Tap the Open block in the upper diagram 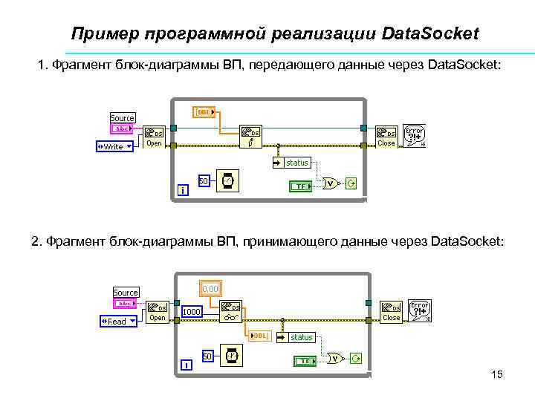pyautogui.click(x=154, y=137)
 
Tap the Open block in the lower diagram pyautogui.click(x=157, y=311)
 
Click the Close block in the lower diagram pyautogui.click(x=391, y=312)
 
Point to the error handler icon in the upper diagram pyautogui.click(x=415, y=136)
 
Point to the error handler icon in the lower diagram pyautogui.click(x=420, y=311)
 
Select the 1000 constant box pyautogui.click(x=192, y=313)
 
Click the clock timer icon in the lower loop pyautogui.click(x=233, y=356)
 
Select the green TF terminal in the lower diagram pyautogui.click(x=304, y=361)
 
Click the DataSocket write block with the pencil pyautogui.click(x=250, y=137)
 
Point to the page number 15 pyautogui.click(x=497, y=375)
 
